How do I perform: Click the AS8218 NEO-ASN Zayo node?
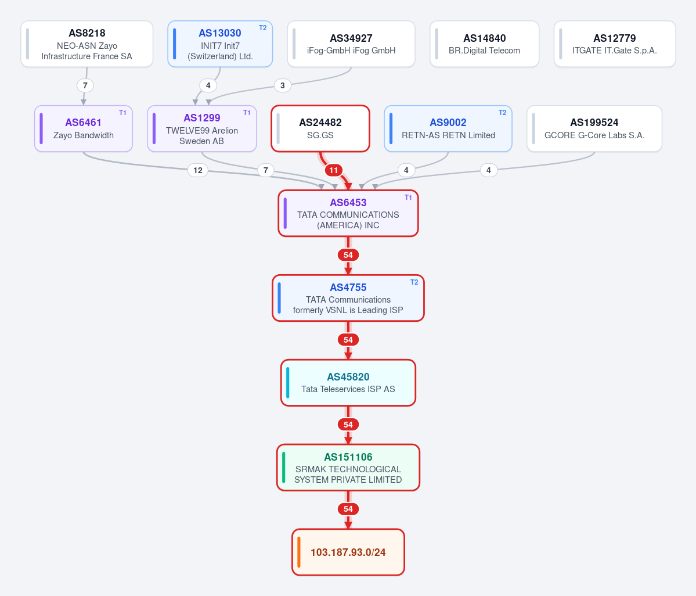pyautogui.click(x=87, y=44)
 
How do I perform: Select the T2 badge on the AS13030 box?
pyautogui.click(x=263, y=28)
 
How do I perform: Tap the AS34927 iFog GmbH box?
pyautogui.click(x=351, y=44)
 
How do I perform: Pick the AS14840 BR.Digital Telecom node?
pyautogui.click(x=484, y=44)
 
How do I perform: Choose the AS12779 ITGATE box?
pyautogui.click(x=615, y=44)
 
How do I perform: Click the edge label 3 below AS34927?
pyautogui.click(x=283, y=85)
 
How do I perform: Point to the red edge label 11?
pyautogui.click(x=334, y=170)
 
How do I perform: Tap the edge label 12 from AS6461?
pyautogui.click(x=198, y=170)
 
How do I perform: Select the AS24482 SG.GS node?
pyautogui.click(x=320, y=129)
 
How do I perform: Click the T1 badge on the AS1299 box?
pyautogui.click(x=247, y=113)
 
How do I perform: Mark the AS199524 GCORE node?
pyautogui.click(x=594, y=129)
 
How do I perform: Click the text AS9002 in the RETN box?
pyautogui.click(x=448, y=123)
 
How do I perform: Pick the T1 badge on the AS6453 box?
pyautogui.click(x=408, y=198)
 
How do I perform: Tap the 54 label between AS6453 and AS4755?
pyautogui.click(x=348, y=255)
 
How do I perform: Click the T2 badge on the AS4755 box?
pyautogui.click(x=414, y=282)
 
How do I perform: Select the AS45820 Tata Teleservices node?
pyautogui.click(x=348, y=383)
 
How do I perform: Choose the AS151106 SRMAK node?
pyautogui.click(x=348, y=468)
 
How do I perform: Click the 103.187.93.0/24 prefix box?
pyautogui.click(x=348, y=552)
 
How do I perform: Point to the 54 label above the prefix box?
pyautogui.click(x=348, y=509)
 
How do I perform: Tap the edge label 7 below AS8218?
pyautogui.click(x=85, y=85)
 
